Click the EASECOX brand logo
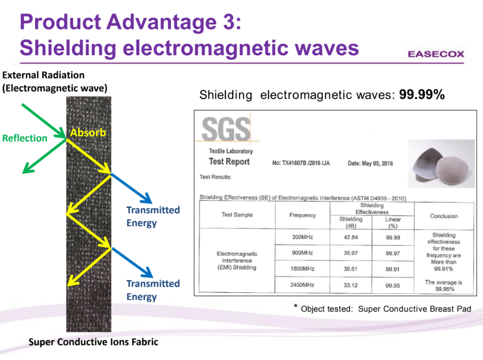(436, 54)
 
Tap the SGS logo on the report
(227, 129)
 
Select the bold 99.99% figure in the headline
(422, 95)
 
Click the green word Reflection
(25, 138)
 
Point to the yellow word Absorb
(88, 133)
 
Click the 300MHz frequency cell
(302, 237)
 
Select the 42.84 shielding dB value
(351, 237)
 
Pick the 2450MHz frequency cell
(302, 285)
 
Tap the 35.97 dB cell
(351, 253)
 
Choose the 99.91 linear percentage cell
(393, 269)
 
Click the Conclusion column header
(444, 216)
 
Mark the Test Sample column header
(237, 214)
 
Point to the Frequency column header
(302, 215)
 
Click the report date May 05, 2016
(371, 163)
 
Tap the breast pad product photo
(441, 164)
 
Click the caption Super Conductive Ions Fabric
(93, 342)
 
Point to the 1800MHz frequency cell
(302, 269)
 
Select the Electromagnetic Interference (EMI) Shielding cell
(237, 260)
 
